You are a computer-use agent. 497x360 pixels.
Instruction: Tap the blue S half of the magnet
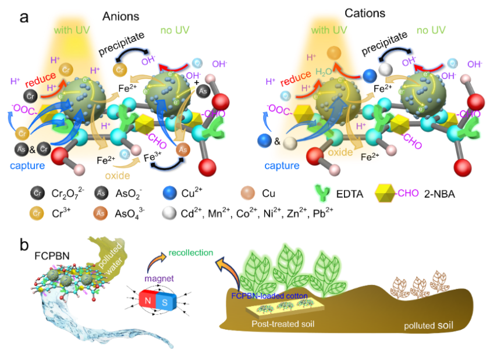point(165,302)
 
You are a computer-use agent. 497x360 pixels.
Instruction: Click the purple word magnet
point(159,279)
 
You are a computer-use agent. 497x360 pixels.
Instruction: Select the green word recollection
point(190,253)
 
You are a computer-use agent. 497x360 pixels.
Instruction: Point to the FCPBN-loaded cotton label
point(269,295)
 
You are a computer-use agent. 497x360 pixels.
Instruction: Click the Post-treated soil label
point(283,324)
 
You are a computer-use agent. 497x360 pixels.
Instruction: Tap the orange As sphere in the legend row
point(100,213)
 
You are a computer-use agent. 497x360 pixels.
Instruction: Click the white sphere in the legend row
point(169,213)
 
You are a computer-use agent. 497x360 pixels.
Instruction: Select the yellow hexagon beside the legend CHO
point(385,193)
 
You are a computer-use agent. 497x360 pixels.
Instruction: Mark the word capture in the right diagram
point(282,166)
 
